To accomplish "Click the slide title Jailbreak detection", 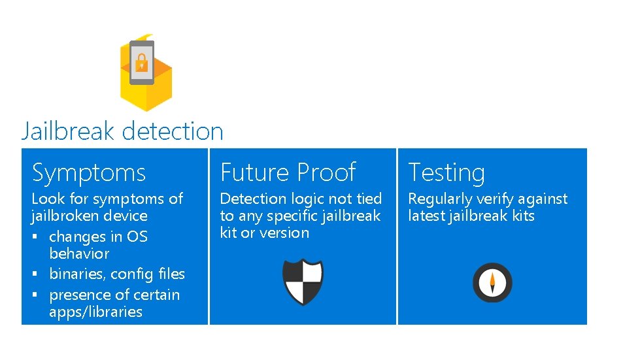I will click(122, 131).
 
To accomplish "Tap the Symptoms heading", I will click(89, 173).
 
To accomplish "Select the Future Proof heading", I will click(288, 173).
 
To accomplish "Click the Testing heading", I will click(446, 173).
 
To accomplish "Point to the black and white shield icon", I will click(303, 282).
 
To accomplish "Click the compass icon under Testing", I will click(492, 282).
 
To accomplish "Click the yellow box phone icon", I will click(146, 72).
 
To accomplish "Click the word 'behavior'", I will click(79, 254).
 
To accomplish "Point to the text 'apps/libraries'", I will click(95, 312).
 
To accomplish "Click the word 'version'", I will click(284, 233).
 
